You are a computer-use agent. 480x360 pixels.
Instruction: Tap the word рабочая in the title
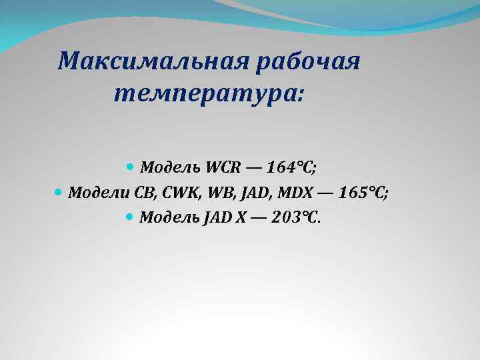point(307,62)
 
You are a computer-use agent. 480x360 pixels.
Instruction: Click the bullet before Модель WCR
point(130,164)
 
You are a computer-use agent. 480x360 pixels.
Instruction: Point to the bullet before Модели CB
point(57,192)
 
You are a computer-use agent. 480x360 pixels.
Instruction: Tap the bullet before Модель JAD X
point(130,217)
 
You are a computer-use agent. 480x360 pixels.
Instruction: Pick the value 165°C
point(364,193)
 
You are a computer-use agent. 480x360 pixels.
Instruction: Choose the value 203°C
point(297,218)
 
